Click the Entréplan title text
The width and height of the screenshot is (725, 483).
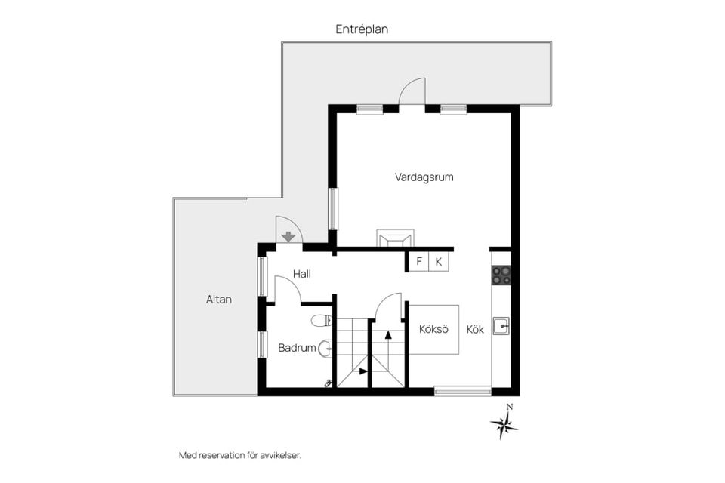point(362,29)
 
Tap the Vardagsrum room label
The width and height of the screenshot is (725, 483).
point(424,177)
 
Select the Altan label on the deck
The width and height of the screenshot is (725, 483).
point(219,300)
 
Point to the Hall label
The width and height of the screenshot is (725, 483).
point(302,274)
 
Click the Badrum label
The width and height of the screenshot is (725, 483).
point(297,348)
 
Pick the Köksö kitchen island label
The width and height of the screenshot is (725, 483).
point(433,329)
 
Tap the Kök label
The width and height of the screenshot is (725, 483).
point(475,329)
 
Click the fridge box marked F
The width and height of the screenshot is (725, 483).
point(419,262)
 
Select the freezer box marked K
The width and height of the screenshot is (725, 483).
point(438,262)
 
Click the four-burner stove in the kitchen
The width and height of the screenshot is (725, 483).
point(501,275)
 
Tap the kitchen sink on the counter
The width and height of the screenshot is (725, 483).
point(501,326)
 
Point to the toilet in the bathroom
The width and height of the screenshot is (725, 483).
point(322,320)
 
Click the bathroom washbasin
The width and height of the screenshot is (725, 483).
point(325,348)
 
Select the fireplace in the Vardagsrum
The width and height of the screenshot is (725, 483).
point(395,238)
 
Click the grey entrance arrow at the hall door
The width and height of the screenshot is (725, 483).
point(288,237)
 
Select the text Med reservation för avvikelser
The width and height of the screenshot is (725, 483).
point(240,455)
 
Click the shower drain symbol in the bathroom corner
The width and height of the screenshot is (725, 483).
point(329,383)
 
